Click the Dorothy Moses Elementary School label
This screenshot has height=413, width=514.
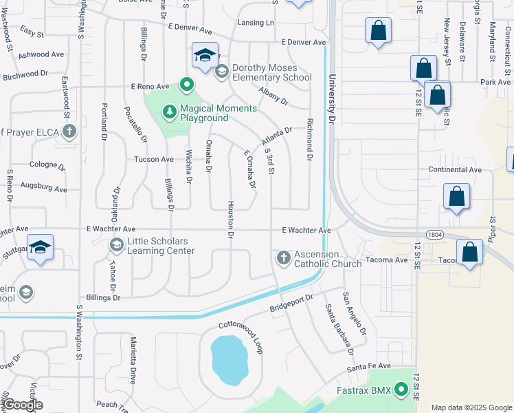pos(272,72)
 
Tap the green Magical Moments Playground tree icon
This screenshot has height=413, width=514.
pos(169,111)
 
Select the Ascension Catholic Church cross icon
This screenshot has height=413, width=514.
pos(282,258)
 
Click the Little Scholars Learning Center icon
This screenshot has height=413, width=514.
pos(116,244)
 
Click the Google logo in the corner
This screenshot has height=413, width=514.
pos(23,405)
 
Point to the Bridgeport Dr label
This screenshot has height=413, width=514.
pos(291,301)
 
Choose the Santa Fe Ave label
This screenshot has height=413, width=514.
pos(368,366)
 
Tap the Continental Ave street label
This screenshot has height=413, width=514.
pos(455,169)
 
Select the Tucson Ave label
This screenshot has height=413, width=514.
pos(157,159)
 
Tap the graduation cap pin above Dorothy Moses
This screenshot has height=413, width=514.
pos(205,56)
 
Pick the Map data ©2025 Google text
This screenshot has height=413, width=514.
pos(472,407)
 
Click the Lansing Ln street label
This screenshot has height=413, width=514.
pos(255,23)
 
